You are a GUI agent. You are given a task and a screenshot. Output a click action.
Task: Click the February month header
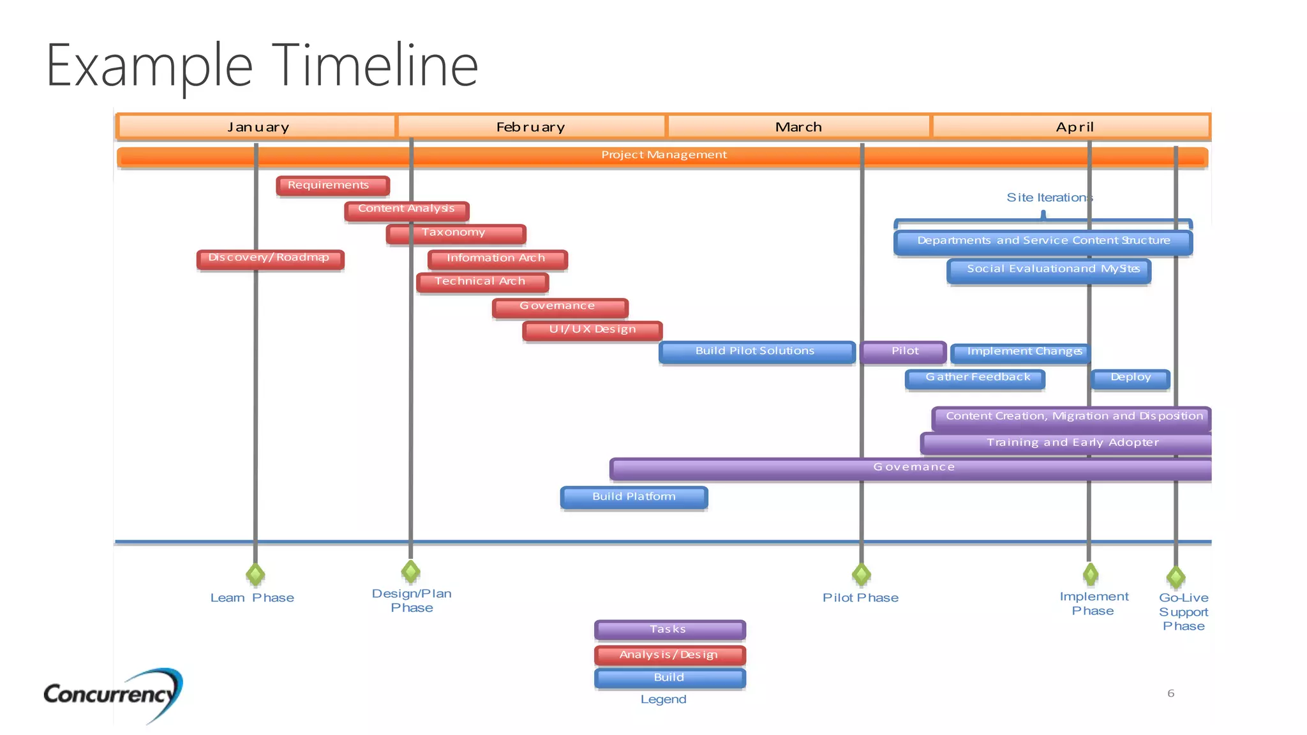(531, 126)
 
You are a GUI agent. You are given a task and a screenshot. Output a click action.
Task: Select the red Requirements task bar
(332, 186)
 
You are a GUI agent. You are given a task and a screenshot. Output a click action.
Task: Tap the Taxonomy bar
(456, 234)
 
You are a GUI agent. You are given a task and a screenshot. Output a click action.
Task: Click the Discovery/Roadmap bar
(270, 258)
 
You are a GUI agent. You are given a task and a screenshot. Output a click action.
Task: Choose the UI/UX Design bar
(592, 330)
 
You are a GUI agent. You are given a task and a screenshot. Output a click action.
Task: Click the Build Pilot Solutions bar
(756, 352)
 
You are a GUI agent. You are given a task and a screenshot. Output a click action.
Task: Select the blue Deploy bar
(1130, 378)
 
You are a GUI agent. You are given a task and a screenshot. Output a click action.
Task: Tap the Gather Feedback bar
(975, 378)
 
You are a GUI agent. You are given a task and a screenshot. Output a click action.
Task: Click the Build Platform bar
(634, 497)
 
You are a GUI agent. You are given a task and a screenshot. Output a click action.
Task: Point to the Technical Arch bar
(482, 282)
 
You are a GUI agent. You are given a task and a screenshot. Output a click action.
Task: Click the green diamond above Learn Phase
(255, 574)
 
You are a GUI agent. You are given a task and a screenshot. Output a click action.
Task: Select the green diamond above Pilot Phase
(861, 574)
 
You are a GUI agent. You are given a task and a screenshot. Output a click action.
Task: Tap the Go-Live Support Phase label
(1183, 611)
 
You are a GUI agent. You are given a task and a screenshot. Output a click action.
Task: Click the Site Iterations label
(1049, 198)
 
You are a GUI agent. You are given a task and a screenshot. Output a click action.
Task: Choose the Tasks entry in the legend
(669, 630)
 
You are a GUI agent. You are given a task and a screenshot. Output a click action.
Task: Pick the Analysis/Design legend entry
(669, 655)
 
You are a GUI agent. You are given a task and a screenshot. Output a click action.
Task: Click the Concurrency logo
(112, 694)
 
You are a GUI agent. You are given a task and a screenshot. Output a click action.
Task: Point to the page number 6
(1170, 693)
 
